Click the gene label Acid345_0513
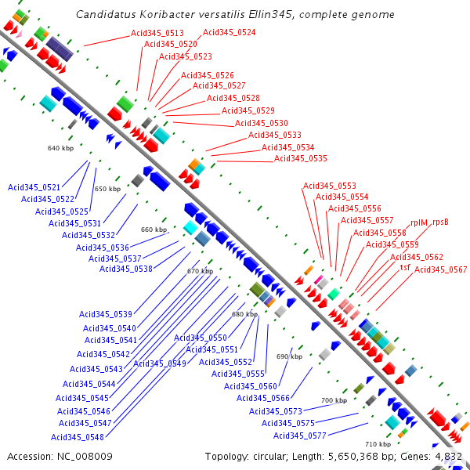tap(157, 33)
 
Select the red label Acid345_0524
tap(230, 32)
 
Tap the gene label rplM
tap(419, 222)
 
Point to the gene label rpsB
tap(440, 222)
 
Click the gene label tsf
tap(405, 267)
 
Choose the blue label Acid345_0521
tap(34, 187)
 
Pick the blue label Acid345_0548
tap(78, 437)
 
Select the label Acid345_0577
tap(300, 436)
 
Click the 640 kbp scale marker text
tap(60, 148)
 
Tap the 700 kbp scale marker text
tap(334, 400)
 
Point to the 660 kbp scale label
tap(154, 230)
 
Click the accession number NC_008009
tap(85, 457)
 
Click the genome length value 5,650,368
tap(353, 457)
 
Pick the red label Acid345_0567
tap(440, 269)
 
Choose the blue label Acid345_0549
tap(160, 363)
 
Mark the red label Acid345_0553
tap(330, 186)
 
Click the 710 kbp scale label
tap(378, 444)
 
